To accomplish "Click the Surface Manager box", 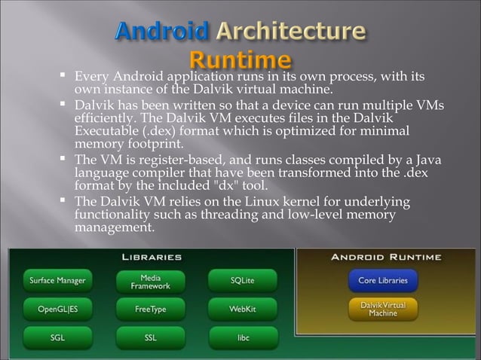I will click(57, 282).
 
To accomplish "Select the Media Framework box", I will click(150, 282).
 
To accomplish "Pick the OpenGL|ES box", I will click(57, 309).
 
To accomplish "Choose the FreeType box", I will click(150, 309).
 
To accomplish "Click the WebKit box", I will click(242, 309).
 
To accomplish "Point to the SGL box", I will click(57, 337).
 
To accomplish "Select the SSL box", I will click(150, 337).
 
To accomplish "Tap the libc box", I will click(242, 337).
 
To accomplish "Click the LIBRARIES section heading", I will click(152, 258).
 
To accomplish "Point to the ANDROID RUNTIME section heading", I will click(387, 258).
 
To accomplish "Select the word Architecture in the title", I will click(292, 34).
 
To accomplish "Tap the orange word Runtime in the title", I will click(240, 59).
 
